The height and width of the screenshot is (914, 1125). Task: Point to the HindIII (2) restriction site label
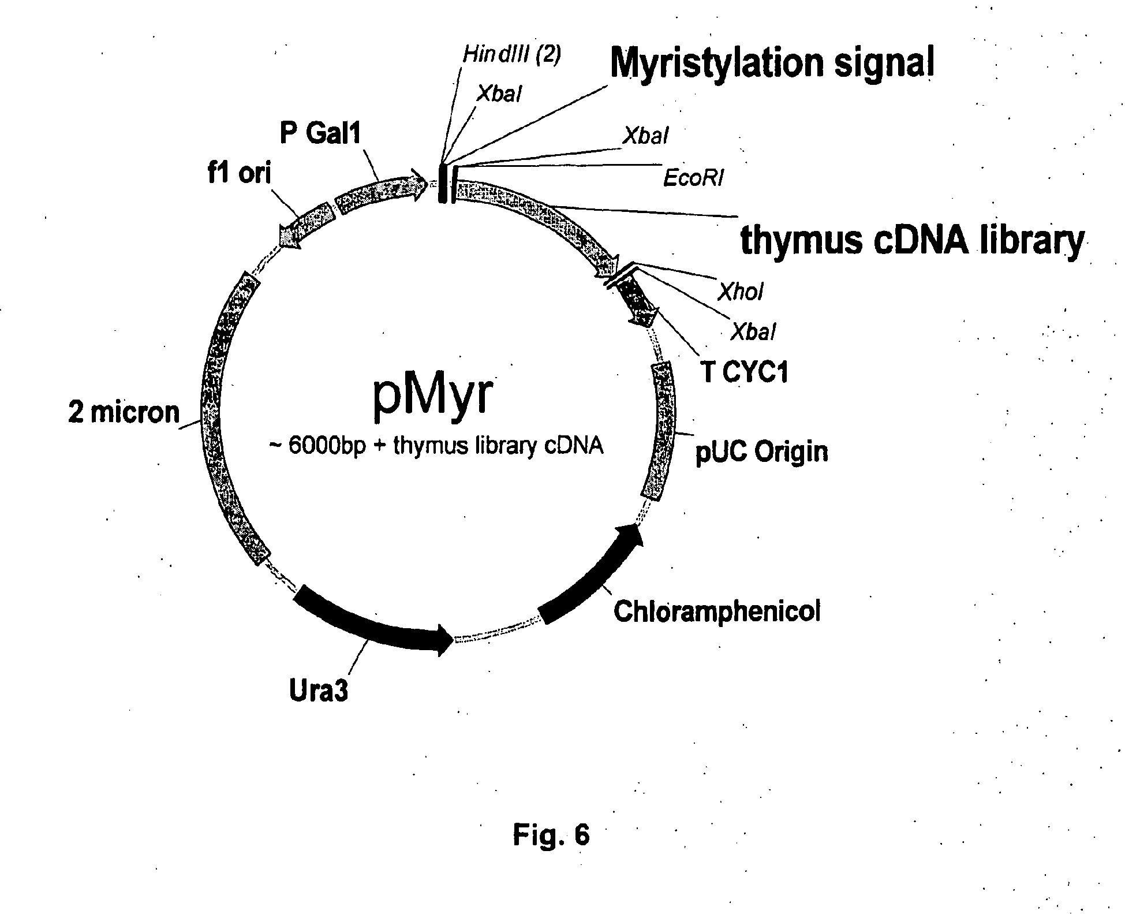[x=512, y=55]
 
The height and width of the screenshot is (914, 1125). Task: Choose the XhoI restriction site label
[x=741, y=292]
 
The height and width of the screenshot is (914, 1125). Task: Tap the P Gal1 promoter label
[x=320, y=133]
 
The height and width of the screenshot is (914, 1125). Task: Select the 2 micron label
[x=124, y=412]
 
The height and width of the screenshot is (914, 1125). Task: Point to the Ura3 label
[x=319, y=691]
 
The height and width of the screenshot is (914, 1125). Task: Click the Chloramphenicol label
[x=717, y=611]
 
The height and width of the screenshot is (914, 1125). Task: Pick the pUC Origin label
[x=761, y=452]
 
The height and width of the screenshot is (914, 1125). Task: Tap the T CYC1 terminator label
[x=745, y=372]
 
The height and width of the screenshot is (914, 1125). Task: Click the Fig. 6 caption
[x=551, y=834]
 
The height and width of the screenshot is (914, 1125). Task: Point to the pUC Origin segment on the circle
[x=660, y=430]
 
